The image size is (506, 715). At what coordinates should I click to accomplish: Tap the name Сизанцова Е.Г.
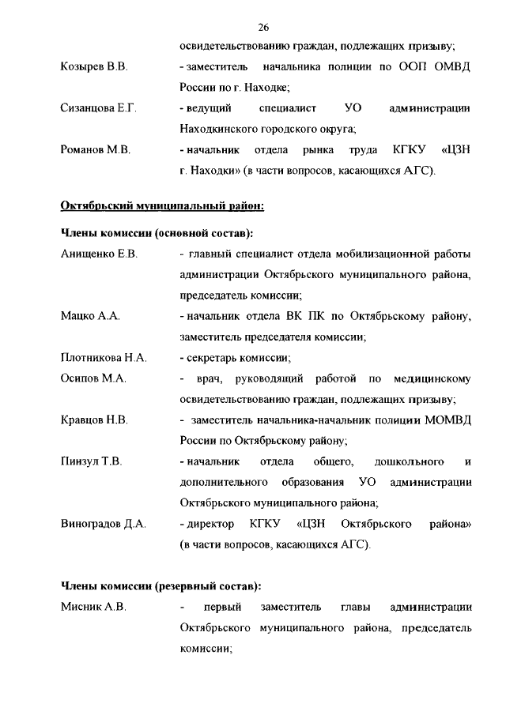[x=99, y=107]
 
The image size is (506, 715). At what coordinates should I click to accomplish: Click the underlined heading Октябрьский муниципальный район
[x=162, y=206]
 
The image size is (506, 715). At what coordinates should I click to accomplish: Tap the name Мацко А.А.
[x=90, y=316]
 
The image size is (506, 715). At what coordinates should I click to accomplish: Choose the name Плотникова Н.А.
[x=104, y=357]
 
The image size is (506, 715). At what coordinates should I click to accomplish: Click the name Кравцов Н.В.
[x=94, y=419]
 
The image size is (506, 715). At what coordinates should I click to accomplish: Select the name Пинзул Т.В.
[x=91, y=461]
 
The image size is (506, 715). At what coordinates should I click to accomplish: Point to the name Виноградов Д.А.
[x=104, y=522]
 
